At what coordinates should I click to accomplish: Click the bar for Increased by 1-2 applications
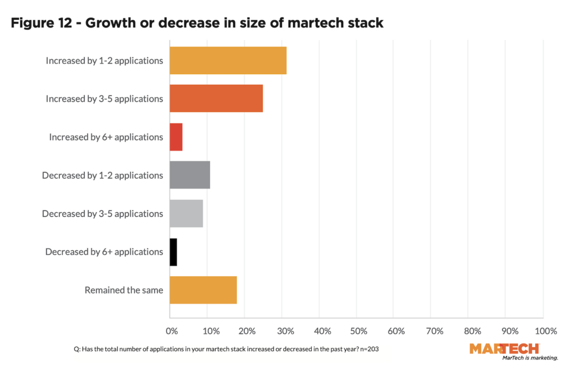pos(228,61)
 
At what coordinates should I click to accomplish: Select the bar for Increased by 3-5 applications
pos(216,99)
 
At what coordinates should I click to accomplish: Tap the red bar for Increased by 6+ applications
pos(176,137)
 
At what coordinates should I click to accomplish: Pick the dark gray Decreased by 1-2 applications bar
pos(190,175)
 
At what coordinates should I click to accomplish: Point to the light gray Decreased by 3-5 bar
pos(186,213)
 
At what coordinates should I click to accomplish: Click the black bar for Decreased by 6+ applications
pos(174,251)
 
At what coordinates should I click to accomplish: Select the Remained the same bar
pos(203,290)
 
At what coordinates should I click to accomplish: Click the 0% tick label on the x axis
pos(172,331)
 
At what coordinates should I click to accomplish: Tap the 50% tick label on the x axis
pos(359,331)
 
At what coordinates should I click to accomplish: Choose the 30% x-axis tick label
pos(284,331)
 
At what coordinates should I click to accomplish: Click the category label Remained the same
pos(124,290)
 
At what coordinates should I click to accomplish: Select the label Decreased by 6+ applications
pos(104,252)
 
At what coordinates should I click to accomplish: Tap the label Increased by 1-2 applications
pos(104,61)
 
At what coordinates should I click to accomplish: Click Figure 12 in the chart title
pos(40,24)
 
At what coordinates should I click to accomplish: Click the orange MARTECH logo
pos(504,349)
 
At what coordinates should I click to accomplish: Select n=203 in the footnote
pos(370,349)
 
